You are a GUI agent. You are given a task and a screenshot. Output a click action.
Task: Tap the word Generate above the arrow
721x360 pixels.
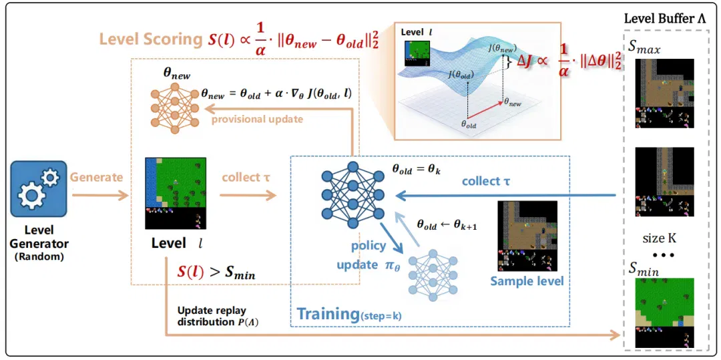pyautogui.click(x=96, y=176)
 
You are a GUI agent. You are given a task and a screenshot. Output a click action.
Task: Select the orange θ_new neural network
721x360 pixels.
pyautogui.click(x=175, y=109)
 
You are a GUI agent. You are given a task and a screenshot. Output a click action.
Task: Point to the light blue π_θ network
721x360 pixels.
pyautogui.click(x=432, y=275)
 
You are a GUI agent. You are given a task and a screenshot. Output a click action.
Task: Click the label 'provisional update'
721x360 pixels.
pyautogui.click(x=258, y=119)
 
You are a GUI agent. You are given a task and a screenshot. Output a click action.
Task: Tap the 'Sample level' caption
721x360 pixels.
pyautogui.click(x=527, y=281)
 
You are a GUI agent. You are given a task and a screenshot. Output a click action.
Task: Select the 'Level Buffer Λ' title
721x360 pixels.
pyautogui.click(x=664, y=20)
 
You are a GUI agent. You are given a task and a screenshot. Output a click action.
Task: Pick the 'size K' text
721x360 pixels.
pyautogui.click(x=660, y=238)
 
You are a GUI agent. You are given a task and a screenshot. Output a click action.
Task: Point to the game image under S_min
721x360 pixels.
pyautogui.click(x=664, y=313)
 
